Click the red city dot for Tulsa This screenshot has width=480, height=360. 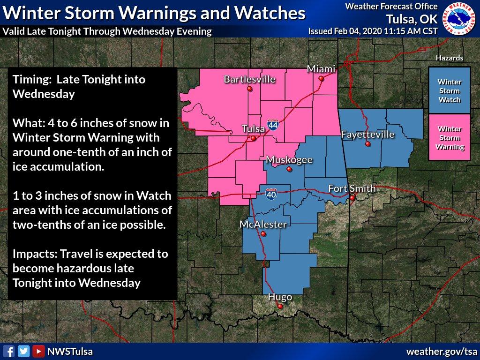coord(253,138)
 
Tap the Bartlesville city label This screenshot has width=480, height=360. coord(249,79)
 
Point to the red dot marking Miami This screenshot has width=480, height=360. coord(321,79)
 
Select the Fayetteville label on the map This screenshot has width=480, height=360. coord(367,135)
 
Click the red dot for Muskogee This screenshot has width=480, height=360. coord(289,169)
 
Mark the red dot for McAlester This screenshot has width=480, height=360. coord(263,233)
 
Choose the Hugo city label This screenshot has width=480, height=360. coord(280,297)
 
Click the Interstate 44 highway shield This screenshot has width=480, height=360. coord(273,125)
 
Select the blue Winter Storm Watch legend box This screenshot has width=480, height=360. coord(449,91)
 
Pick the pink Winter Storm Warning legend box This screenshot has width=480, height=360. coord(449,137)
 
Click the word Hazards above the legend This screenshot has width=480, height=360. coord(450,58)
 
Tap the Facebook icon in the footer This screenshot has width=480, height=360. coord(9,351)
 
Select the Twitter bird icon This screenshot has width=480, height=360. coord(24,351)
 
